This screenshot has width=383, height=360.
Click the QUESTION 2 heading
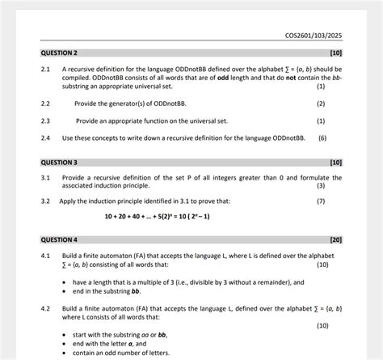[59, 53]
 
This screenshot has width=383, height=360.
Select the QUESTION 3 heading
[59, 162]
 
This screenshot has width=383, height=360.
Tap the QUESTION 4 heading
[59, 240]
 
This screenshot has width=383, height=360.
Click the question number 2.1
[46, 70]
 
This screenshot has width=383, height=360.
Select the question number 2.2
[46, 104]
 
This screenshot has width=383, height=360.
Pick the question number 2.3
[46, 121]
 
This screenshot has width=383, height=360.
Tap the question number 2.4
[46, 138]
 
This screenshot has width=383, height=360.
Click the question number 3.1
[46, 177]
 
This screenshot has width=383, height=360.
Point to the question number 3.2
[46, 201]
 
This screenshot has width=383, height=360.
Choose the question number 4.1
[46, 256]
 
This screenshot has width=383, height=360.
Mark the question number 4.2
[46, 309]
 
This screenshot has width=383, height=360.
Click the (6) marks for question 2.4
[322, 138]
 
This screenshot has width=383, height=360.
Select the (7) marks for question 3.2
[322, 201]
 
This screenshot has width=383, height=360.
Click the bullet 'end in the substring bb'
[106, 291]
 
